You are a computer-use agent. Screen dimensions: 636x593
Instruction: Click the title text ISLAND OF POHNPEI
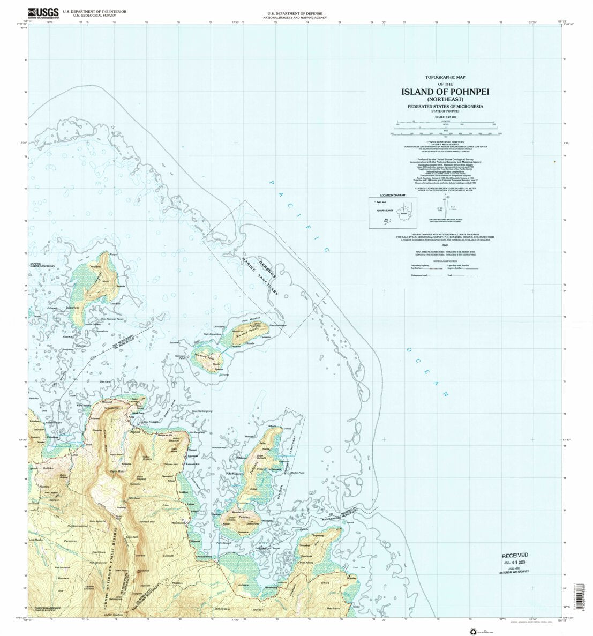(x=445, y=91)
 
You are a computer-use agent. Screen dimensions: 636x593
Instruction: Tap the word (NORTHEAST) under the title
(x=445, y=99)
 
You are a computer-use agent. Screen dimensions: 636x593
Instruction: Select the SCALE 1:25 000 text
(x=445, y=117)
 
